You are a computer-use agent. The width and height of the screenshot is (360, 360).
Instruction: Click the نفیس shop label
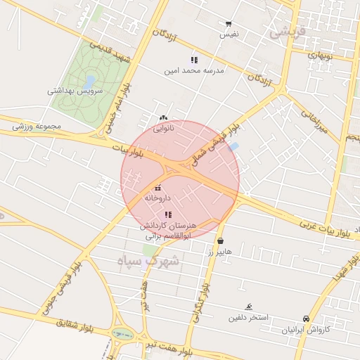tap(229, 34)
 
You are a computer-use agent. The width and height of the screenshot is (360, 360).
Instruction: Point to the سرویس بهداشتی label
tap(75, 91)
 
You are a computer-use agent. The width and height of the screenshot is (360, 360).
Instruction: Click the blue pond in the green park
tap(89, 80)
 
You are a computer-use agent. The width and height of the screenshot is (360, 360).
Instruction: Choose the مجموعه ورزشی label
tap(37, 126)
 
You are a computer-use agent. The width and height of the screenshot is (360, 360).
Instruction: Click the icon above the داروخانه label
tap(157, 188)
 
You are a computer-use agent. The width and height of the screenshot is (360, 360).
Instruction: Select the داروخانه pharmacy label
tap(157, 198)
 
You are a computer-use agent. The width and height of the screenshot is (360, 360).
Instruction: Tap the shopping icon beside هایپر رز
tap(221, 240)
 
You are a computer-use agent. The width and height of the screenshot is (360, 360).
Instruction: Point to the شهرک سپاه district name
tap(149, 261)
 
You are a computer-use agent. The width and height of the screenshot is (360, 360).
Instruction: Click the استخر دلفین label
tap(247, 317)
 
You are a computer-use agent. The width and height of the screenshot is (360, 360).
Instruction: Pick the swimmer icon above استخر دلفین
tap(248, 307)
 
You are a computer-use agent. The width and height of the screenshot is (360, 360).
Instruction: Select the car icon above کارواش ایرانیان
tap(306, 319)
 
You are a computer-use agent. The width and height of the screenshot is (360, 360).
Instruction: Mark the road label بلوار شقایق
tap(74, 324)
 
